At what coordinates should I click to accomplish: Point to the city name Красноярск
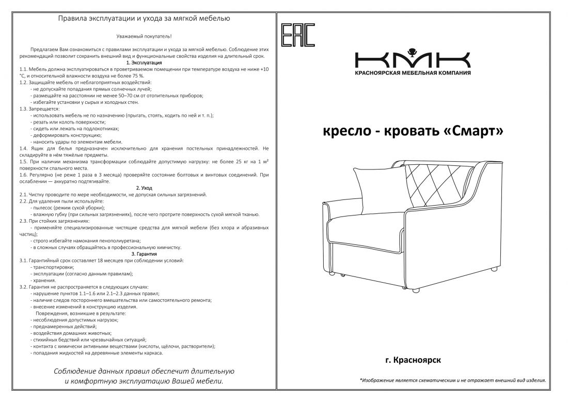coord(416,359)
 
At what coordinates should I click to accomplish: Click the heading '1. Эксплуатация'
coord(144,62)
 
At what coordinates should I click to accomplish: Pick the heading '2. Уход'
coord(144,188)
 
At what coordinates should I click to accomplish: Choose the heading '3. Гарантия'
coord(144,254)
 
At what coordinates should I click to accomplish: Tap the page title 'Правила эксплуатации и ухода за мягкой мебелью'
coord(144,19)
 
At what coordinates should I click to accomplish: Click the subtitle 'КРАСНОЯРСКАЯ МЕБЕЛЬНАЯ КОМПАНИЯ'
coord(413,73)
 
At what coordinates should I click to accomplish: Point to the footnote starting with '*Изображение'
coord(452,380)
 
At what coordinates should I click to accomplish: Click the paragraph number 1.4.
coord(23,148)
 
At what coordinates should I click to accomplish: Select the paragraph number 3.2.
coord(23,287)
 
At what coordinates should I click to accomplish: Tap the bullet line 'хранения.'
coord(44,280)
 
